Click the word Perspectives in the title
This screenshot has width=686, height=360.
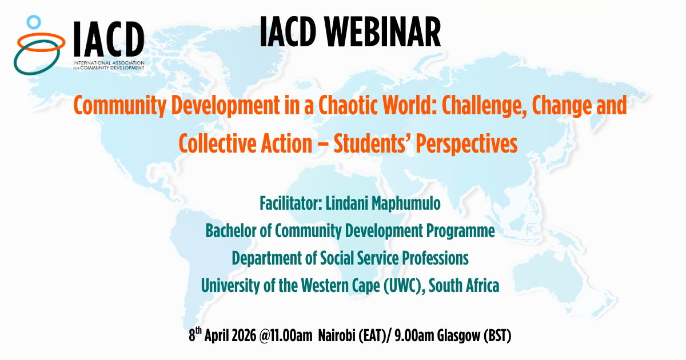coord(466,145)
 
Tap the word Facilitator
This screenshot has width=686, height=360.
coord(290,203)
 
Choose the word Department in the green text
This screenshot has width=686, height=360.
coord(266,259)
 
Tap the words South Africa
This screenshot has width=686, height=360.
coord(464,286)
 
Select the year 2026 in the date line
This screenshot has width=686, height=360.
coord(244,335)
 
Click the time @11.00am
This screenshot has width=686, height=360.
coord(286,335)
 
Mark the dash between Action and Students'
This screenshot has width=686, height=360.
coord(323,144)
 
